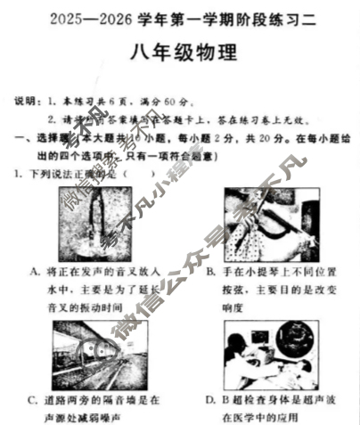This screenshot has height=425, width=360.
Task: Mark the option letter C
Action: (x=33, y=399)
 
